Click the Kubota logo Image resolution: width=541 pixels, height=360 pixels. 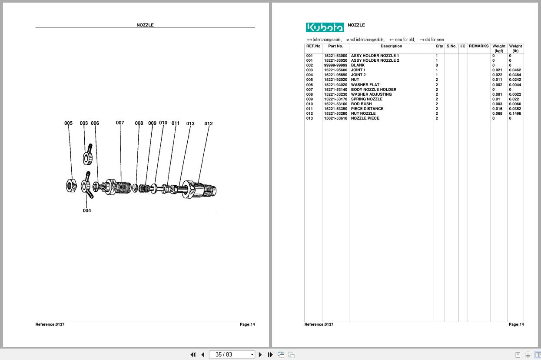[325, 27]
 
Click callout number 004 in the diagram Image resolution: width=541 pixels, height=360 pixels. [87, 210]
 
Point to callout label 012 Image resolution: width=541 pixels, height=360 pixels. [209, 123]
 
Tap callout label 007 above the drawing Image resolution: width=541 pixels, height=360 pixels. [120, 123]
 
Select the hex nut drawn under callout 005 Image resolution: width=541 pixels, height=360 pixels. [71, 186]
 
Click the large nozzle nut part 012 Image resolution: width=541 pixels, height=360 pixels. [198, 190]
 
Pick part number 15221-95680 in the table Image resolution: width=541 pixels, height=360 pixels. [335, 70]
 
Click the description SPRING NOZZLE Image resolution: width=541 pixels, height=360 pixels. [367, 99]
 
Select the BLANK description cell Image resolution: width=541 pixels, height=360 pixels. [358, 65]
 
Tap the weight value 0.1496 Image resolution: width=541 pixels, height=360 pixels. [515, 113]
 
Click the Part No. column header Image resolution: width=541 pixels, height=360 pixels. [335, 46]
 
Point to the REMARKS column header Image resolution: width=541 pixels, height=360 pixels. [478, 46]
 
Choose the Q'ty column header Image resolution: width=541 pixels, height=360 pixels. [439, 46]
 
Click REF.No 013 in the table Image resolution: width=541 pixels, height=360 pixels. [309, 118]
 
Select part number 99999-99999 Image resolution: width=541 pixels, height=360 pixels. [335, 65]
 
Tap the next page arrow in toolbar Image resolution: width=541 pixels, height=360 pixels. [260, 354]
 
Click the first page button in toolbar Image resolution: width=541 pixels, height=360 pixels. [193, 354]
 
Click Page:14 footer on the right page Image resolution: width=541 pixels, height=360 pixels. [516, 324]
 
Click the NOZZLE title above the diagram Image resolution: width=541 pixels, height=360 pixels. [145, 25]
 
